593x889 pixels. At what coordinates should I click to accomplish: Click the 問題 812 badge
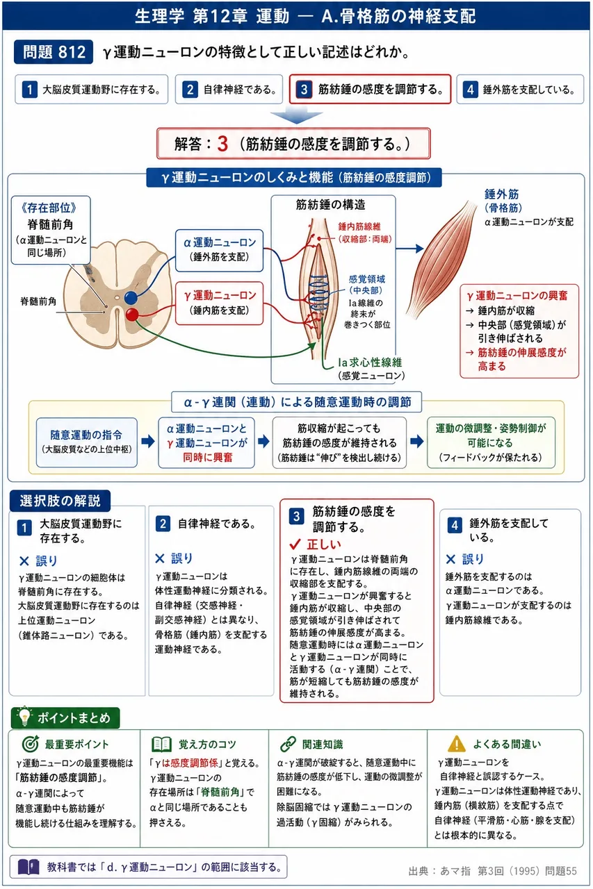54,52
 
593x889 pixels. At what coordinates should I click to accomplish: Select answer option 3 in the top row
370,90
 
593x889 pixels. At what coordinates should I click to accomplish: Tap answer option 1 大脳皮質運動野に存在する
91,90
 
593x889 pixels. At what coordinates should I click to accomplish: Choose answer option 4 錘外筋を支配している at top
520,90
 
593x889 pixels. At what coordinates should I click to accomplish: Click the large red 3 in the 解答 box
223,144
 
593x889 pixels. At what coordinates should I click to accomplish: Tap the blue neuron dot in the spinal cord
131,298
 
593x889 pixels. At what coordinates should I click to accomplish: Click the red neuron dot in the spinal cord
132,315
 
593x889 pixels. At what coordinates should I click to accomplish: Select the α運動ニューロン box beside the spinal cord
219,251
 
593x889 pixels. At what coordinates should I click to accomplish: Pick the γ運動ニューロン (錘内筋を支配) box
219,304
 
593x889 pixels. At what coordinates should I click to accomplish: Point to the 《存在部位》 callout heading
49,208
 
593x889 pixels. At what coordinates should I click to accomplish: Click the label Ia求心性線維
370,363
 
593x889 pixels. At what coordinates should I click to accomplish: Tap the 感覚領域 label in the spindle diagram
367,279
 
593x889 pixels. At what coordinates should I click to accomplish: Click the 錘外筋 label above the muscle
502,194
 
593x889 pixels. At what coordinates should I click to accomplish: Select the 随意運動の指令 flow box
87,442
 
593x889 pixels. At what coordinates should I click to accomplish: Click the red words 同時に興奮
207,458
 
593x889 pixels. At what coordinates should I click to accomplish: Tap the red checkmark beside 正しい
295,544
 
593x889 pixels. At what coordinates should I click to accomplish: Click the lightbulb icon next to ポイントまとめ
24,717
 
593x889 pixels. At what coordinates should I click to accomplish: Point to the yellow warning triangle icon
456,744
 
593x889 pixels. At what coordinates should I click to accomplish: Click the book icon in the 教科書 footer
29,867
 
